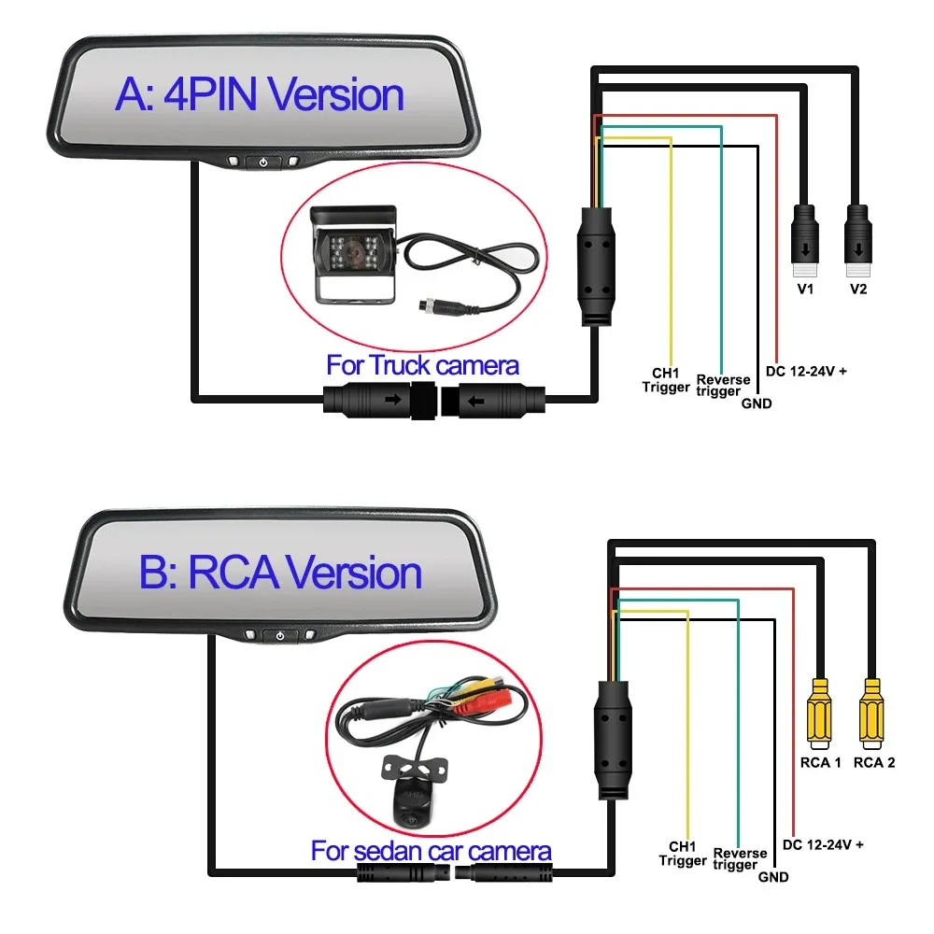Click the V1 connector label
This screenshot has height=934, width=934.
tap(805, 289)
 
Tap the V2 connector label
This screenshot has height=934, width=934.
tap(858, 289)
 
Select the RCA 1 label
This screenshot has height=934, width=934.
tap(820, 762)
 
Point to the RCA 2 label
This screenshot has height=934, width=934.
tap(874, 762)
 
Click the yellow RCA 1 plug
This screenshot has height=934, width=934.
tap(819, 714)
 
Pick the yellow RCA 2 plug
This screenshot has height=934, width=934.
tap(872, 714)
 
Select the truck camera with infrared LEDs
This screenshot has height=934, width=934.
tap(353, 254)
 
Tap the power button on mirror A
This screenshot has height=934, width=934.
tap(262, 162)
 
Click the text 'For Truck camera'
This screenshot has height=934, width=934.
tap(422, 365)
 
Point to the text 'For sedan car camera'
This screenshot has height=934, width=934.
tap(431, 851)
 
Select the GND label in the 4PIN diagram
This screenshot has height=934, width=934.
tap(757, 403)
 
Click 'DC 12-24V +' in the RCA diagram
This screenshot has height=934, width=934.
tap(823, 844)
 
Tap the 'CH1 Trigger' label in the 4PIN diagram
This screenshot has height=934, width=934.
tap(666, 380)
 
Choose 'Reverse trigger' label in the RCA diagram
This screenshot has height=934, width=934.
tap(740, 859)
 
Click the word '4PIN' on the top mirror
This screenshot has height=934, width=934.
tap(210, 94)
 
